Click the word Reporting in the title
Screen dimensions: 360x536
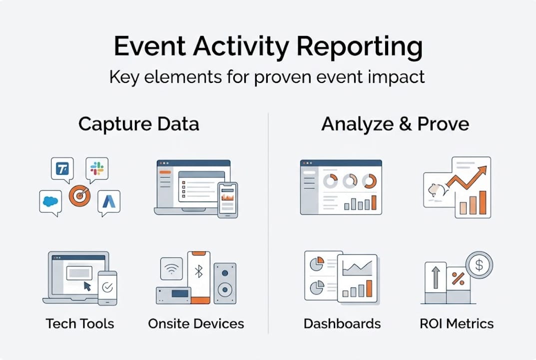359,47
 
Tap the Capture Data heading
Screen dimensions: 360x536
138,124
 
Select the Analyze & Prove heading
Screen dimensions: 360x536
395,124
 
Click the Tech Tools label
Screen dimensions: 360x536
80,323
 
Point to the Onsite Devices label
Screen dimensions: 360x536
196,323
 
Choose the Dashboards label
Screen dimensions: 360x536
342,323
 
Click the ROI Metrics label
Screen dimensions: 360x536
457,323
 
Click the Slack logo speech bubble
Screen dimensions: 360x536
96,168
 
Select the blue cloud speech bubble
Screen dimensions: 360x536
50,201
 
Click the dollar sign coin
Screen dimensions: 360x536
479,264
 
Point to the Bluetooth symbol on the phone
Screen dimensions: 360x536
199,271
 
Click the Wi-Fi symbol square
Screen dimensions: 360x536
171,269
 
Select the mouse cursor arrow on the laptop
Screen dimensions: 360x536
87,285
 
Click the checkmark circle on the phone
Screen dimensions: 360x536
107,287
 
